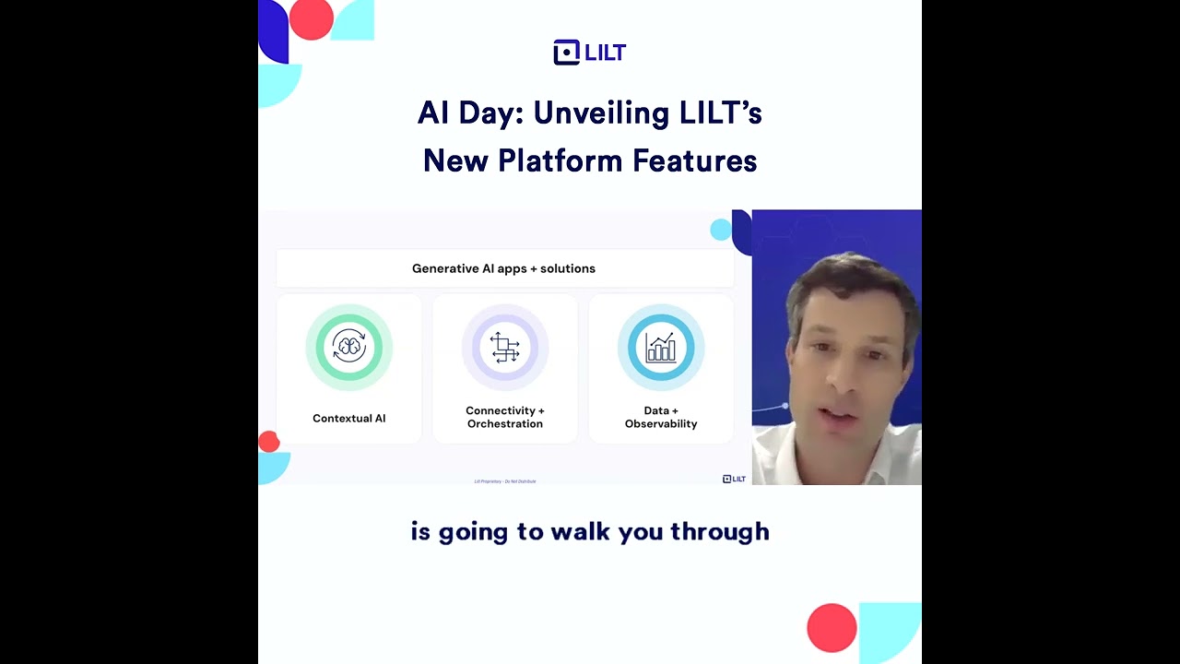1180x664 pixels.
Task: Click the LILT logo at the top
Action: click(x=589, y=53)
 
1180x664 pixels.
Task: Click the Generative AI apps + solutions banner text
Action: click(x=503, y=268)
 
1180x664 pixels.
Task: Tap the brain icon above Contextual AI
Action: click(x=349, y=348)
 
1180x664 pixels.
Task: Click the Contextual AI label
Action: click(x=349, y=419)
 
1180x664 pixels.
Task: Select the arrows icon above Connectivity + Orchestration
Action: click(x=505, y=348)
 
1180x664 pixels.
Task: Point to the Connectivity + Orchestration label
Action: click(x=505, y=417)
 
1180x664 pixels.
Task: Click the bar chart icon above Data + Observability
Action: click(x=661, y=348)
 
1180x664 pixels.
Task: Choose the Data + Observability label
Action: click(x=661, y=417)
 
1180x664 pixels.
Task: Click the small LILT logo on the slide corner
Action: click(x=734, y=479)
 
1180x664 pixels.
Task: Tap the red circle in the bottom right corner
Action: click(x=832, y=628)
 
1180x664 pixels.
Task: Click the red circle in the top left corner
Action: click(x=311, y=18)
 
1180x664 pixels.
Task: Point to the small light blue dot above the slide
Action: click(x=720, y=230)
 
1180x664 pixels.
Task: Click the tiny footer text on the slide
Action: click(x=504, y=481)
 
